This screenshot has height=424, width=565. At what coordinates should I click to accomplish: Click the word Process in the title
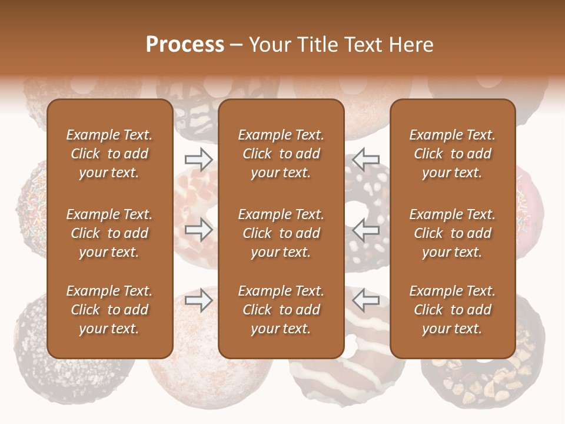[x=185, y=45]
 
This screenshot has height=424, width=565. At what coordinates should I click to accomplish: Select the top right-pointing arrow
[x=199, y=160]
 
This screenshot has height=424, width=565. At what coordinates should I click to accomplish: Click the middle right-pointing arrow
[x=199, y=230]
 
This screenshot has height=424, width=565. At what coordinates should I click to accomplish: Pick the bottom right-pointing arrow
[x=199, y=300]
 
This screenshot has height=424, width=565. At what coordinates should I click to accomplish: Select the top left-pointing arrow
[x=365, y=160]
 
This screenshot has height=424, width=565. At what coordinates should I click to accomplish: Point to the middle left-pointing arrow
[x=365, y=230]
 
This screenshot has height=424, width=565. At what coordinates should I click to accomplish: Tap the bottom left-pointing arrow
[x=365, y=300]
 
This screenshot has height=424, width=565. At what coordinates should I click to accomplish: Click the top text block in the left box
[x=109, y=154]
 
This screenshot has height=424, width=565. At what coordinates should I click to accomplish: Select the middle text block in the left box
[x=109, y=233]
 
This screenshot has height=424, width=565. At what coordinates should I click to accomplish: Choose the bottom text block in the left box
[x=109, y=310]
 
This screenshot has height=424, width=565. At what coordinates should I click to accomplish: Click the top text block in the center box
[x=281, y=154]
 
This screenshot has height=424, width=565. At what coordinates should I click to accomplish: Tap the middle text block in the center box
[x=281, y=233]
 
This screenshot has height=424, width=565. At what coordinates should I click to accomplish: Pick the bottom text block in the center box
[x=281, y=310]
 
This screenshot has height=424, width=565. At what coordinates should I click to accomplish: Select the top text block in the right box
[x=452, y=154]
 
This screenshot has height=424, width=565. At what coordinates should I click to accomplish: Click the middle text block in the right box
[x=452, y=233]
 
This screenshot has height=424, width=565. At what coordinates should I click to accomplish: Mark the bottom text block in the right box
[x=452, y=310]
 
